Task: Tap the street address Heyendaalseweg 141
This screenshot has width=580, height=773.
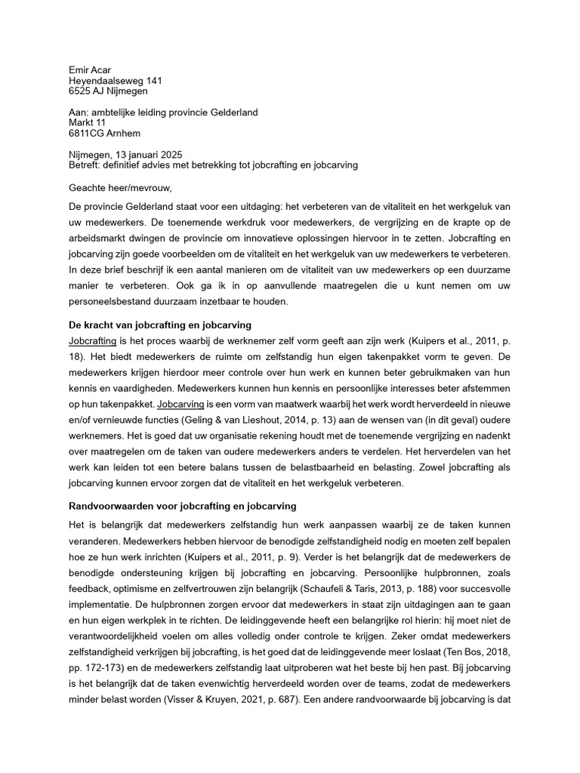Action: (x=115, y=80)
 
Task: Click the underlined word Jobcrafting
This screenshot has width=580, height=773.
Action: (x=92, y=341)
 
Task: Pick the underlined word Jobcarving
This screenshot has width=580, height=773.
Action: (x=180, y=405)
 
